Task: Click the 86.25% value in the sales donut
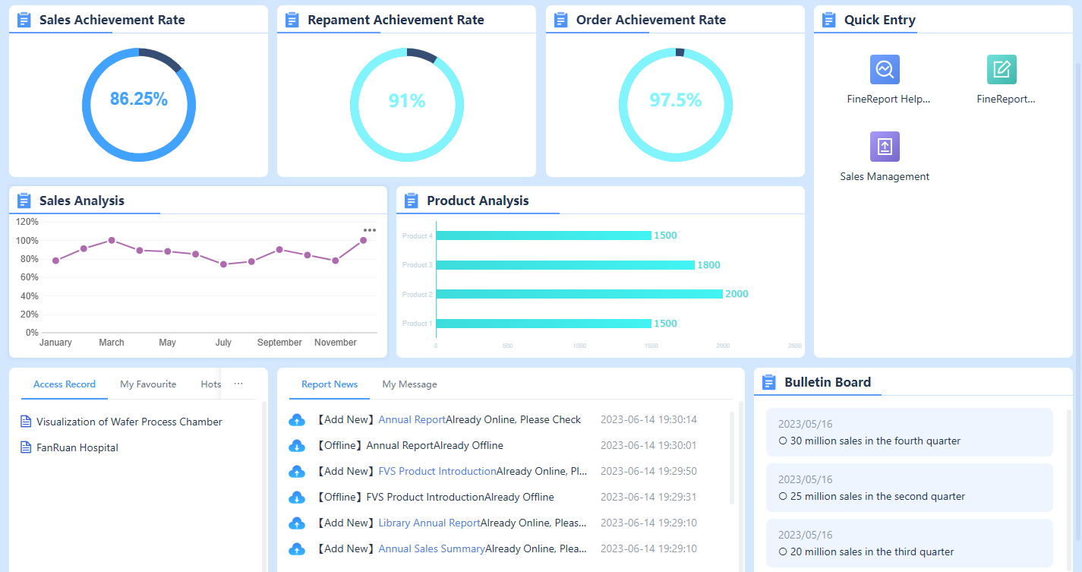point(139,99)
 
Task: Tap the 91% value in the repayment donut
point(407,101)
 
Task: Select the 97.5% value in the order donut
point(675,100)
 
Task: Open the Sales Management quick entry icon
point(885,147)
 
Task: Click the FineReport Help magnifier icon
point(885,70)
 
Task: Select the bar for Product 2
point(579,294)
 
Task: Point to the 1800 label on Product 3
point(708,265)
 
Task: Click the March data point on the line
point(112,240)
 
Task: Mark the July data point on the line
point(223,264)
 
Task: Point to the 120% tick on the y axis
point(27,222)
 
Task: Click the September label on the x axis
point(279,343)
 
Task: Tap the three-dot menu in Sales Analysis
point(370,230)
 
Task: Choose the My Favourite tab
point(148,384)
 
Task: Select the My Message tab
point(409,384)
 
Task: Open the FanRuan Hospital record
point(77,447)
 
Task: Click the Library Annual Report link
point(430,523)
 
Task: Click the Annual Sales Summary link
point(431,548)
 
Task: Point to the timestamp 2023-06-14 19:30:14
point(648,419)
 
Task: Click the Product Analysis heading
point(478,201)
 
